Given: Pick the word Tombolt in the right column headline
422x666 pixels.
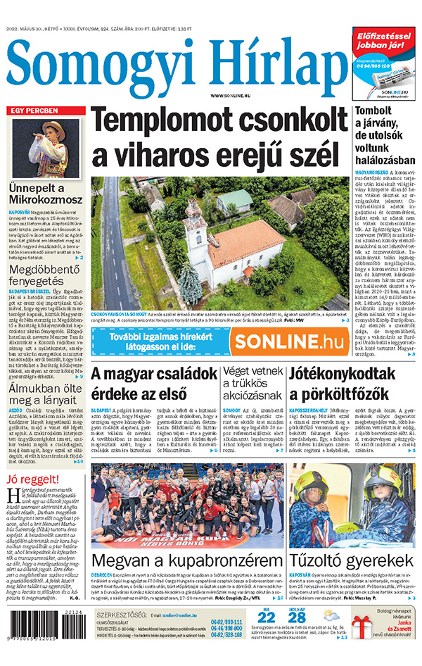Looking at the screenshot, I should click(376, 113).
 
